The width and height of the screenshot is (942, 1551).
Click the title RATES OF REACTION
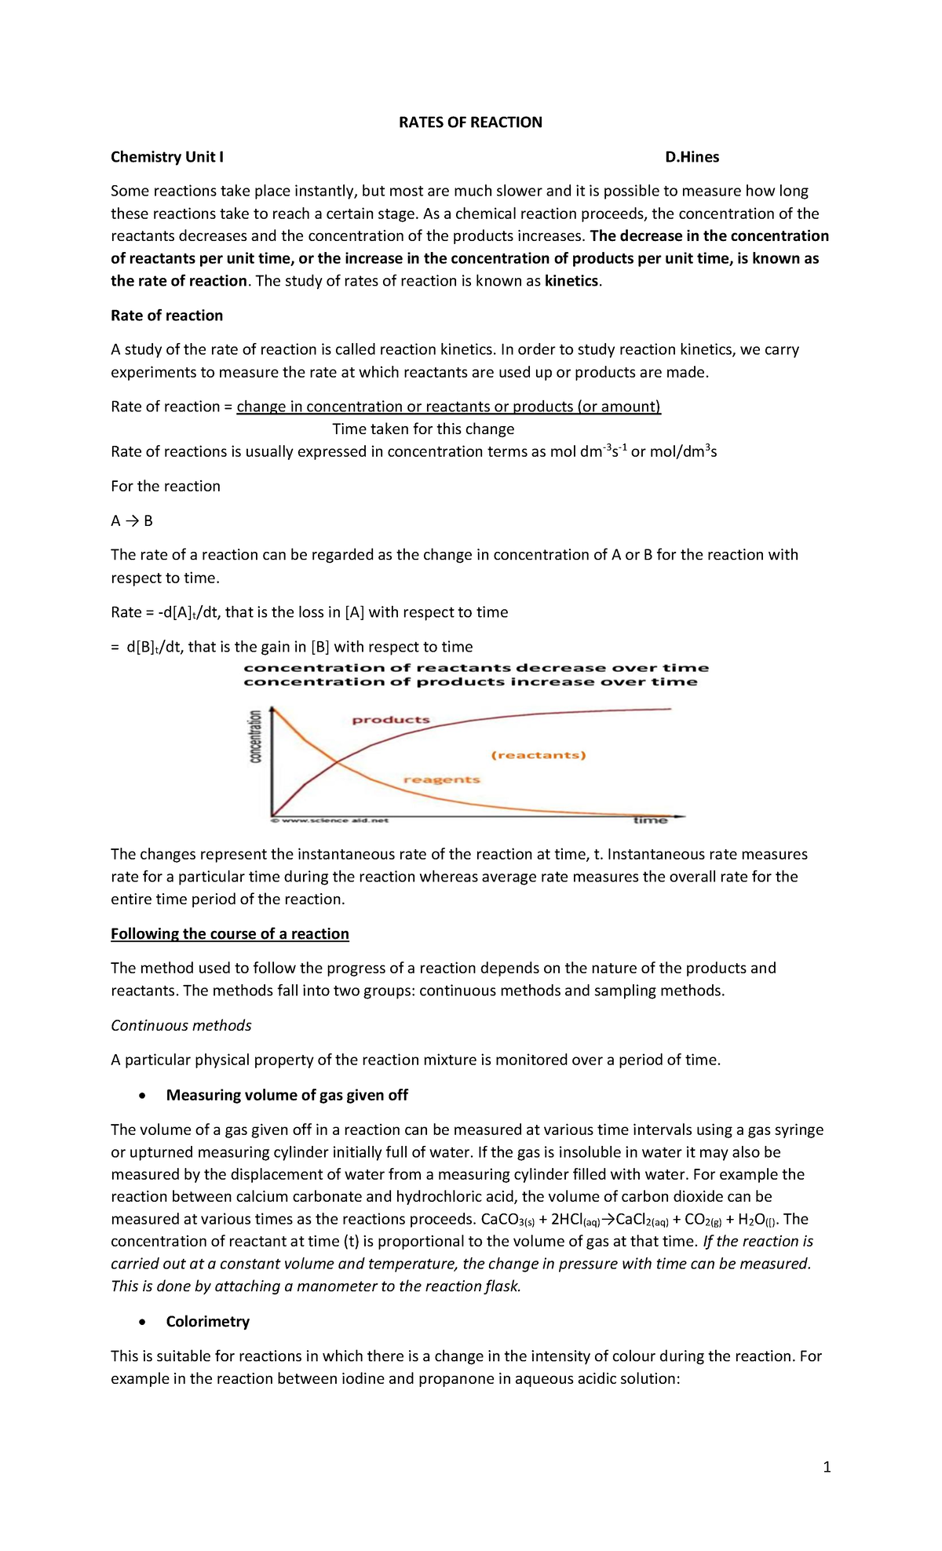[470, 122]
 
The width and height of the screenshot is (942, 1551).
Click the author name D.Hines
[692, 157]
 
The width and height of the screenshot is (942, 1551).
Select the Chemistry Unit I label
[167, 157]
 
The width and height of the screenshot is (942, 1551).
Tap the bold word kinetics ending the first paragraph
[571, 281]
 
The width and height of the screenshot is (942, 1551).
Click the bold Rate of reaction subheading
[166, 316]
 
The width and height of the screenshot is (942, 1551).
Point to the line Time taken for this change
[423, 429]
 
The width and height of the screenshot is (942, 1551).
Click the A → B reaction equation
[132, 520]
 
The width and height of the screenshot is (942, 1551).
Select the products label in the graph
[391, 720]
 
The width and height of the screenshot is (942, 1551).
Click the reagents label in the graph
[441, 779]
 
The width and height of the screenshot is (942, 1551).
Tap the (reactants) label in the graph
[539, 755]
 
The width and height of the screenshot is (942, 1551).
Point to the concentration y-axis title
[255, 736]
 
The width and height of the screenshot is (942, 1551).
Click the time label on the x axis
[650, 820]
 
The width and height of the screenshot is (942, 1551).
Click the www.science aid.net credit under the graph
[330, 821]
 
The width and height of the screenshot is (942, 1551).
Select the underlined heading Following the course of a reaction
[229, 934]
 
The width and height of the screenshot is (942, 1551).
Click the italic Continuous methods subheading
[181, 1026]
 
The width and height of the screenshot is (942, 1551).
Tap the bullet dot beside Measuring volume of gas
[141, 1096]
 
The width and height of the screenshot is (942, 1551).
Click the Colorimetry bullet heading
[207, 1322]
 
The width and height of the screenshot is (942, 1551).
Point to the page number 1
[827, 1467]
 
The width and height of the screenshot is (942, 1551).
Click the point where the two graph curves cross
[336, 761]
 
